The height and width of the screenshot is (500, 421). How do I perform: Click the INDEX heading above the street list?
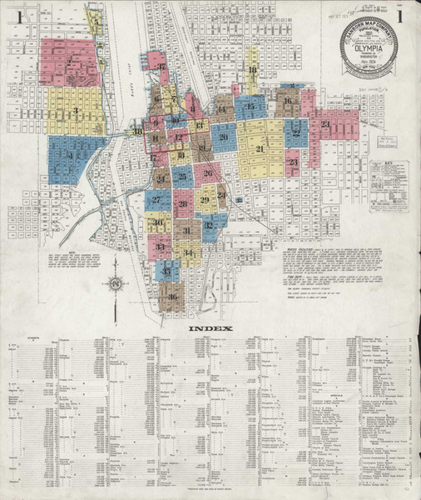coord(210,328)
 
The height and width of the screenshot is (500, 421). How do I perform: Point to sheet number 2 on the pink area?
coord(68,62)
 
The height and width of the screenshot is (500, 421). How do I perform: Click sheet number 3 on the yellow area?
coord(75,110)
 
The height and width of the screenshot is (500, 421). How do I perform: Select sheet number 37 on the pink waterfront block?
coord(161,67)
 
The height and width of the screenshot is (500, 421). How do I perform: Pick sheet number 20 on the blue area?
coord(223,137)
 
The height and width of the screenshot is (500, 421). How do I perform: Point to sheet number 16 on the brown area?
coord(287,102)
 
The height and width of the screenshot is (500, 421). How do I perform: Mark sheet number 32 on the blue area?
coord(209,225)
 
